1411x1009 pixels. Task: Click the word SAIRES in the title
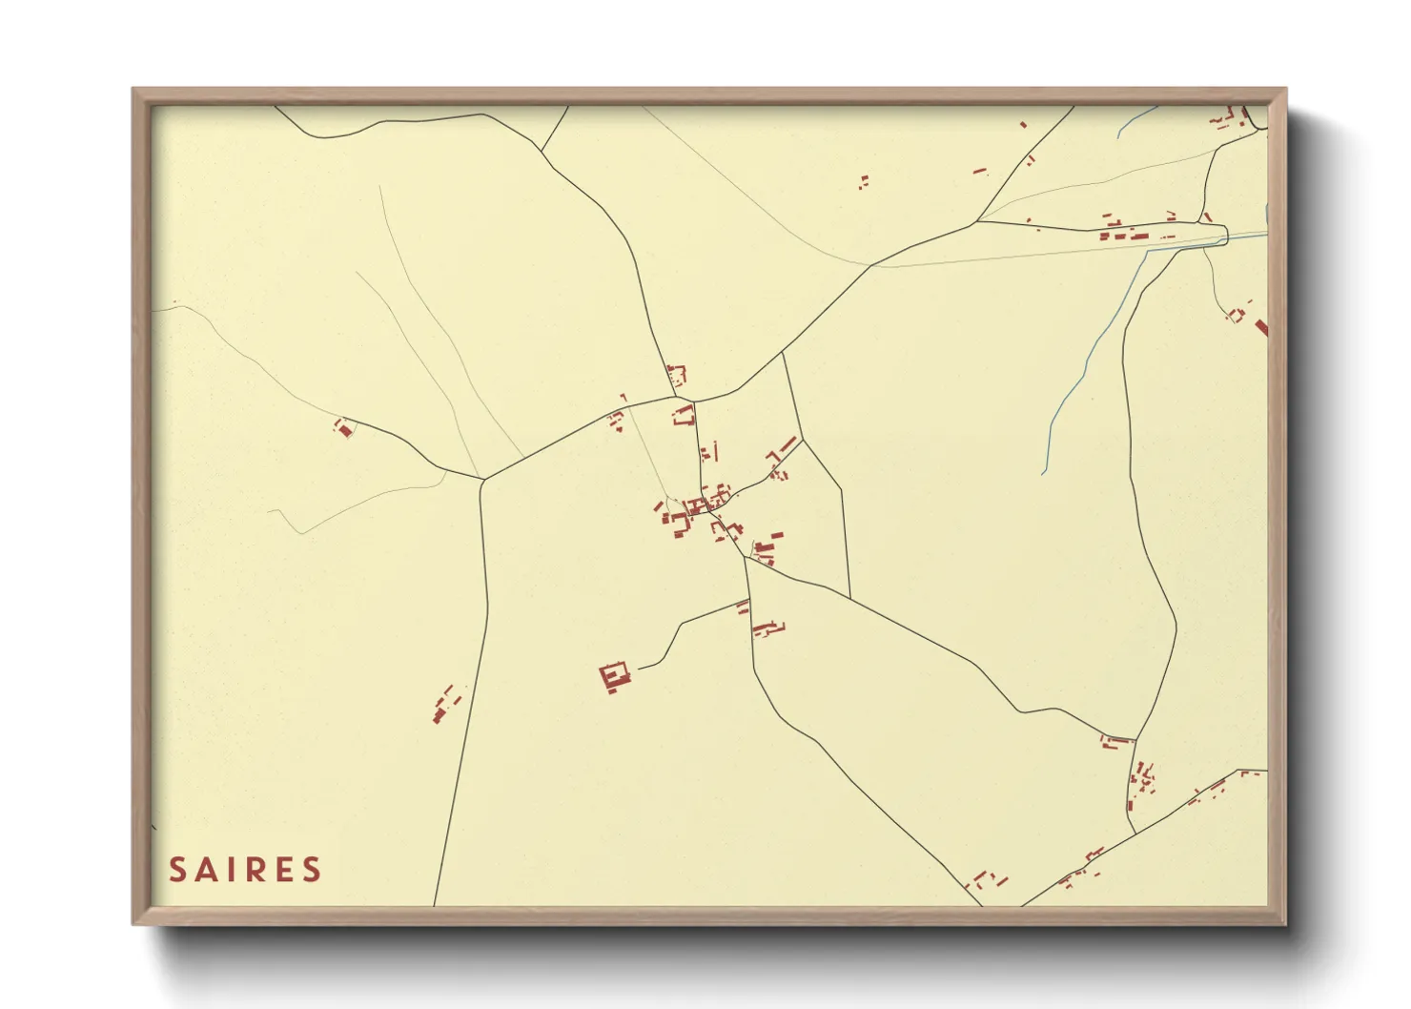pyautogui.click(x=245, y=870)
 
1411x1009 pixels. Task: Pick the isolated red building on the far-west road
pyautogui.click(x=344, y=428)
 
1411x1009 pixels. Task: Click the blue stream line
pyautogui.click(x=1087, y=362)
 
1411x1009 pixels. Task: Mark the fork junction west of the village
pyautogui.click(x=483, y=479)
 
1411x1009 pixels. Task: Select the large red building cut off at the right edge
pyautogui.click(x=1261, y=328)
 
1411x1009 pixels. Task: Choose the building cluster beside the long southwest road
pyautogui.click(x=445, y=704)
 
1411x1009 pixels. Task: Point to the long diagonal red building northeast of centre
pyautogui.click(x=787, y=445)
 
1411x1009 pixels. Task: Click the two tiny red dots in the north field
pyautogui.click(x=864, y=180)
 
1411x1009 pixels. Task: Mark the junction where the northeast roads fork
pyautogui.click(x=976, y=222)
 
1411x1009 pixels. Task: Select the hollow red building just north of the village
pyautogui.click(x=684, y=415)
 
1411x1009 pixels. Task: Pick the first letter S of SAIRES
pyautogui.click(x=178, y=870)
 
